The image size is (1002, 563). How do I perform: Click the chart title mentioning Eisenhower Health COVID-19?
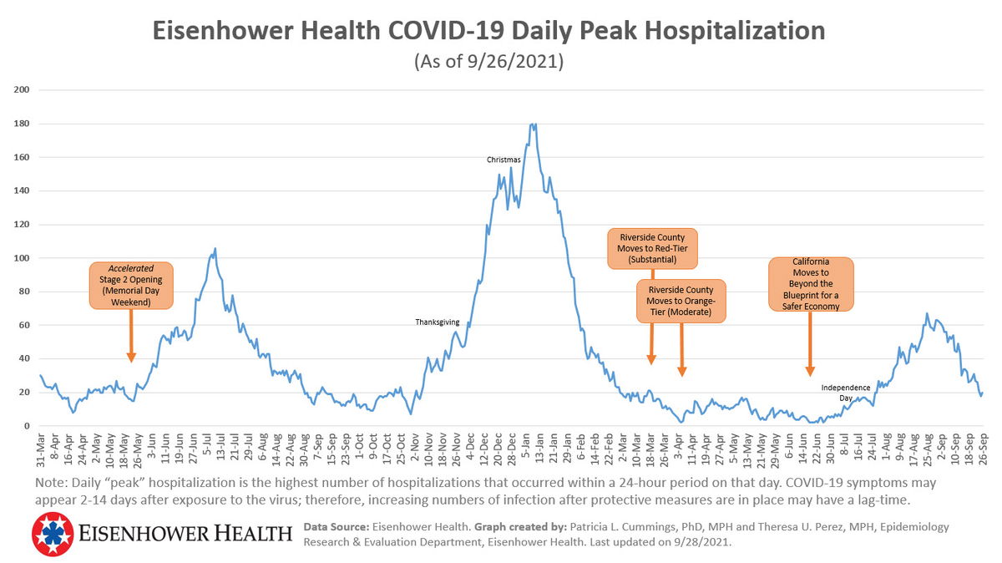point(489,32)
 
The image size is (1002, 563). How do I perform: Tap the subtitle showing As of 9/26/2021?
point(489,62)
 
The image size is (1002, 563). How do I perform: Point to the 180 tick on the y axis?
point(22,124)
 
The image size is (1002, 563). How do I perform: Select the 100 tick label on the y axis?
point(22,258)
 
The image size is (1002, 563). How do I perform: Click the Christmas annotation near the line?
point(504,160)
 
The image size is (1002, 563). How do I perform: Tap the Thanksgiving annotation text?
point(438,322)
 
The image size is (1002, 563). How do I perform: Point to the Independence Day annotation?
point(846,392)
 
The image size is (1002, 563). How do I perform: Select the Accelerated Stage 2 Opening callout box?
point(131,285)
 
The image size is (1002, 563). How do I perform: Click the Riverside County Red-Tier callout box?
point(652,248)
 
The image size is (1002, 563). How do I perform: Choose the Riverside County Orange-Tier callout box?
point(681,301)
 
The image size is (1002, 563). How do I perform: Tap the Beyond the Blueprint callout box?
point(811,284)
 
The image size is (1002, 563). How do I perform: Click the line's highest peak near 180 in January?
point(534,124)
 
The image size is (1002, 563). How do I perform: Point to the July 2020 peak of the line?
point(215,248)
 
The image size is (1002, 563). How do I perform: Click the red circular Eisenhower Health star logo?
point(53,535)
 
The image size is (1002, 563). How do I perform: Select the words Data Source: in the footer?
point(331,527)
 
